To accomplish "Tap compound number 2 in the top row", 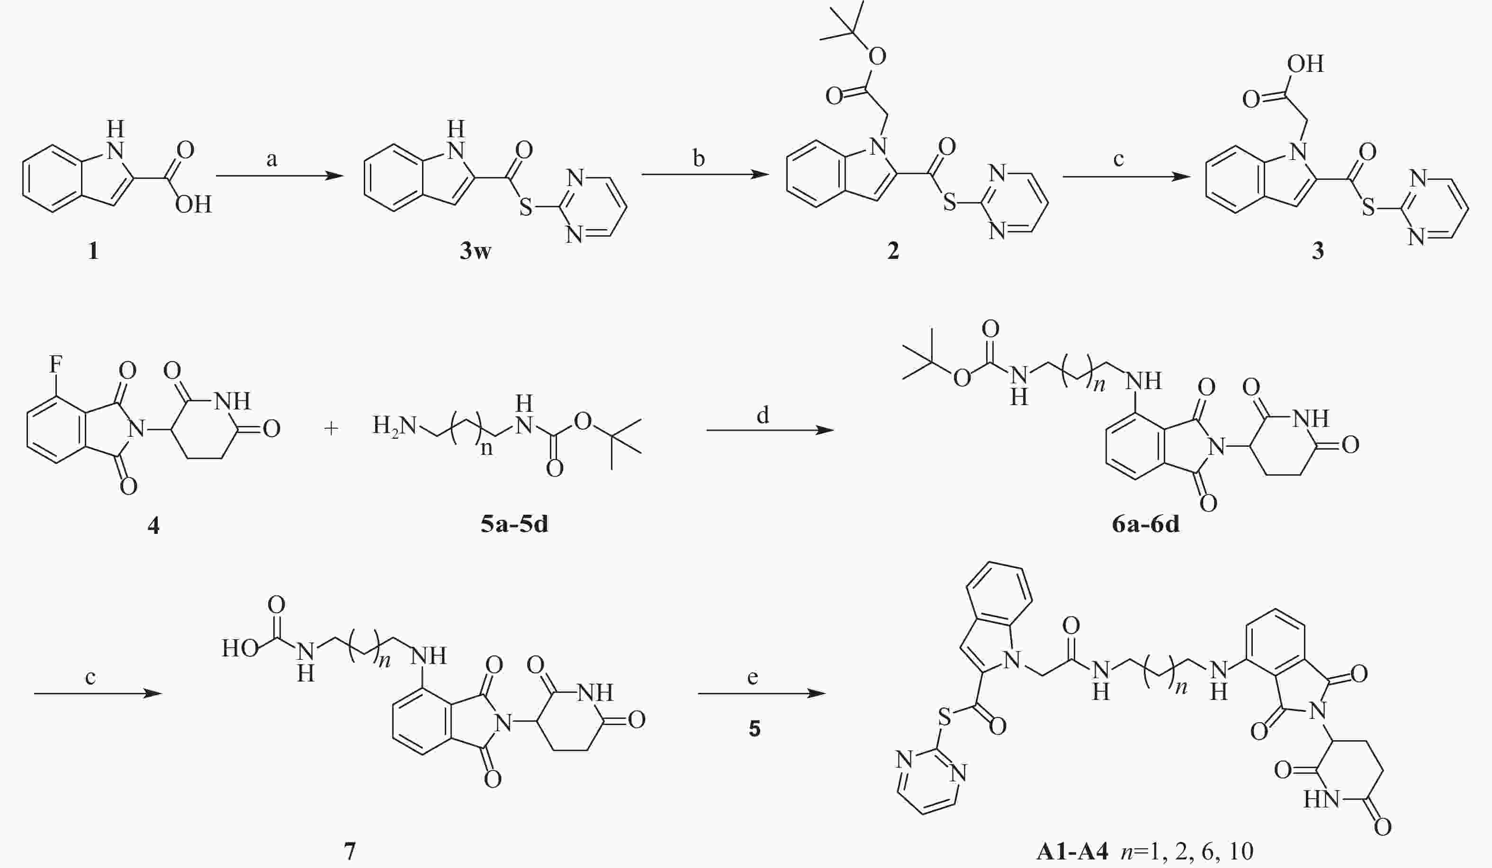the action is pos(893,251).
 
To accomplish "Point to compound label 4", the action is pos(153,525).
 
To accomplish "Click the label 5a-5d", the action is pos(514,524).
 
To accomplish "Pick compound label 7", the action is pos(350,851).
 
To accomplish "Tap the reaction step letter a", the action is pos(272,159).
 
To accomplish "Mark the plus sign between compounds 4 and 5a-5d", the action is pos(332,428).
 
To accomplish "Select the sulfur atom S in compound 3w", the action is pos(526,208).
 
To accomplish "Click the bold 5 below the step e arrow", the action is pos(754,728).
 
